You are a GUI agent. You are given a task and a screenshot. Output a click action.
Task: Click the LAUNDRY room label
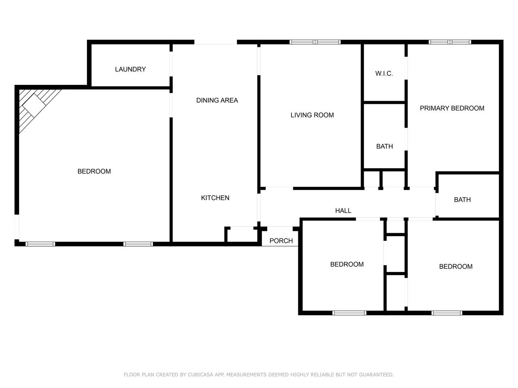tap(130, 69)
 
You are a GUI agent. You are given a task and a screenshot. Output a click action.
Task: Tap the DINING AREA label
tap(217, 100)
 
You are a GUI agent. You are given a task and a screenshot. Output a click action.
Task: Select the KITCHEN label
tap(215, 198)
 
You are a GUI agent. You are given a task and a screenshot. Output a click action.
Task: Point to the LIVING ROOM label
tap(312, 115)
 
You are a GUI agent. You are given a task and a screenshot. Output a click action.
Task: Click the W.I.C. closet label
tap(384, 74)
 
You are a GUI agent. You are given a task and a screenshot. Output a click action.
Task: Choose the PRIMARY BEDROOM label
tap(452, 108)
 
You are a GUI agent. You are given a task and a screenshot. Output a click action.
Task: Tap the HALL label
tap(343, 211)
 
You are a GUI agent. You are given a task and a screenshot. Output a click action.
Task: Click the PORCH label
tap(281, 241)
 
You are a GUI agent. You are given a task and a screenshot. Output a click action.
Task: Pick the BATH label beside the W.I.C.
tap(384, 146)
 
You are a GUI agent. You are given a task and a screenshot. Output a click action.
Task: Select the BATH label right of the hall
tap(462, 200)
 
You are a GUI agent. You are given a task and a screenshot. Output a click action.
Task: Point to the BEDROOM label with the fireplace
tap(94, 171)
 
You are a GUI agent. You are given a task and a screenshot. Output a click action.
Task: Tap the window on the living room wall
tap(315, 42)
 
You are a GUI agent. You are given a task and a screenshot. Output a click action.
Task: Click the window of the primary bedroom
tap(450, 42)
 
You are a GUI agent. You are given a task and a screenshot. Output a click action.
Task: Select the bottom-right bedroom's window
tap(447, 313)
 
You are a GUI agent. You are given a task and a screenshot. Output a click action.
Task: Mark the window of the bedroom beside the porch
tap(349, 313)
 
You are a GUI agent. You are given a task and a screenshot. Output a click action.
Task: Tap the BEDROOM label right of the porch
tap(347, 264)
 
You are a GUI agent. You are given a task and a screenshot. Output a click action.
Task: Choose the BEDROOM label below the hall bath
tap(456, 266)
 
